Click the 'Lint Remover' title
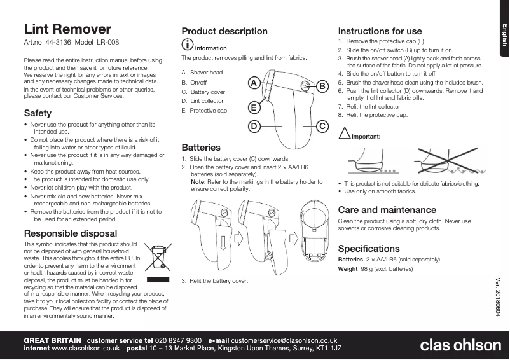point(67,29)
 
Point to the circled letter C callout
point(322,127)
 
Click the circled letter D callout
point(253,127)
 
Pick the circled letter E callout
point(253,106)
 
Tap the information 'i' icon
point(188,45)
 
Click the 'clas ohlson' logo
point(460,345)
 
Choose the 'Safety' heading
point(38,113)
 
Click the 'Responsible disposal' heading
point(70,233)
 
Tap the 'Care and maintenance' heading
point(387,210)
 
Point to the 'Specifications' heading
point(369,248)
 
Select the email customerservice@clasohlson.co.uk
point(284,340)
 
